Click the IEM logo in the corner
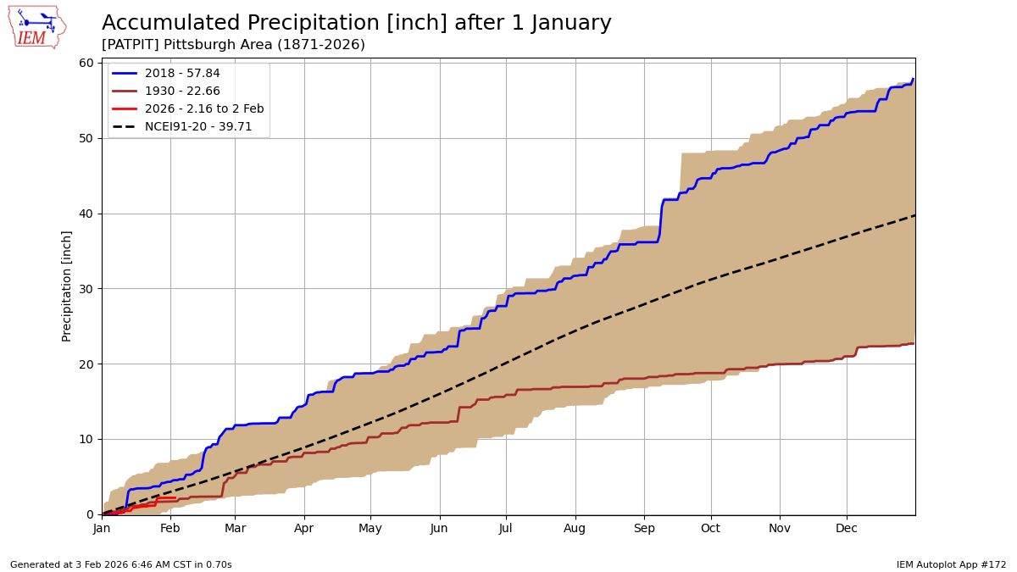pyautogui.click(x=36, y=27)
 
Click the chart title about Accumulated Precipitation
pyautogui.click(x=356, y=24)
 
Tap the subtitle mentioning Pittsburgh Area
pyautogui.click(x=233, y=45)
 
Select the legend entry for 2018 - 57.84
pyautogui.click(x=182, y=74)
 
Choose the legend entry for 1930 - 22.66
pyautogui.click(x=182, y=92)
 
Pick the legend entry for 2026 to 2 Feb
pyautogui.click(x=204, y=108)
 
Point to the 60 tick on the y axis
pyautogui.click(x=86, y=63)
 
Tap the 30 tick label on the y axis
pyautogui.click(x=86, y=288)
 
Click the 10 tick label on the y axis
pyautogui.click(x=86, y=439)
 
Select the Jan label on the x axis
pyautogui.click(x=102, y=529)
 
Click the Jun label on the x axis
pyautogui.click(x=439, y=529)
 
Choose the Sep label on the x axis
pyautogui.click(x=644, y=529)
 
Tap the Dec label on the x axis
pyautogui.click(x=847, y=529)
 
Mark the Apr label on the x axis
pyautogui.click(x=303, y=529)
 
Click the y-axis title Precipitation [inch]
pyautogui.click(x=67, y=286)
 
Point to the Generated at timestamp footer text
pyautogui.click(x=121, y=565)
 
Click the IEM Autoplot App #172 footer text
pyautogui.click(x=951, y=565)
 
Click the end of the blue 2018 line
pyautogui.click(x=913, y=79)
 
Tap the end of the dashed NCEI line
pyautogui.click(x=914, y=215)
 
